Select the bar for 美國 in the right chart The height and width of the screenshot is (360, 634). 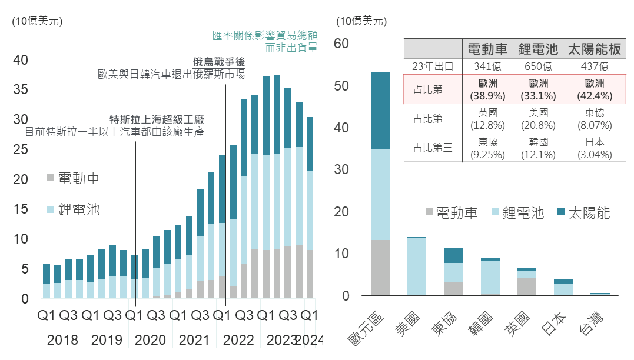[x=417, y=266]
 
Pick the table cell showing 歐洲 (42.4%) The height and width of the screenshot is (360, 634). [x=594, y=89]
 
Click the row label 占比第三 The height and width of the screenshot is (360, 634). [x=433, y=148]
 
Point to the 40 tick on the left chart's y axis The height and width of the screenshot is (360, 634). [x=21, y=60]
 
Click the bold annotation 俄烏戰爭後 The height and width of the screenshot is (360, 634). [x=218, y=62]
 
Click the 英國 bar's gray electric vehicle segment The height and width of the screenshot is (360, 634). [x=527, y=286]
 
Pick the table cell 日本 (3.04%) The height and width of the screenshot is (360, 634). [x=594, y=148]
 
